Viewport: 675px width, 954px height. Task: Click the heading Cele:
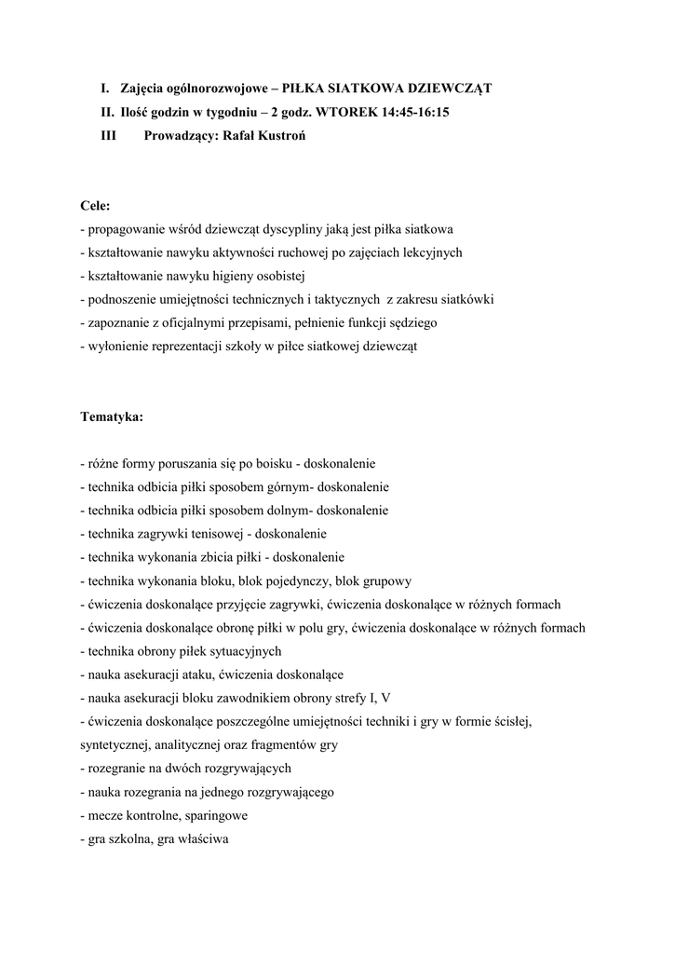pos(96,205)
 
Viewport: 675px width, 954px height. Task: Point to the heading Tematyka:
pos(112,416)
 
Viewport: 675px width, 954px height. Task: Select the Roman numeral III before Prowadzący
pos(109,135)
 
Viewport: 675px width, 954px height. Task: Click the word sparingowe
pos(217,815)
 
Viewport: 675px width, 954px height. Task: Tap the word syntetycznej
pos(115,744)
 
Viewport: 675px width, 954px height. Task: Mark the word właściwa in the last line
pos(212,838)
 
